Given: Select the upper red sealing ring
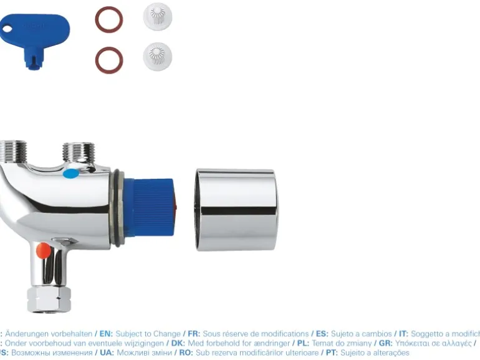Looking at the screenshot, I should [109, 19].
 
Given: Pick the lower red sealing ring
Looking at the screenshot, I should [109, 60].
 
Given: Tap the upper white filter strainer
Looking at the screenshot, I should [157, 17].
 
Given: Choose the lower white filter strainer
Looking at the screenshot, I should [157, 56].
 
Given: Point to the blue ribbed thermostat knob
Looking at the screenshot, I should [150, 208].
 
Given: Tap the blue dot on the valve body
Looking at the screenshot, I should [72, 174].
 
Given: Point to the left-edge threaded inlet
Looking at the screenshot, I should [12, 151].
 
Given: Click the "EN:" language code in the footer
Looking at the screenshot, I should [105, 334].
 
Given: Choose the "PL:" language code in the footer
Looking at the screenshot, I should [301, 343].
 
